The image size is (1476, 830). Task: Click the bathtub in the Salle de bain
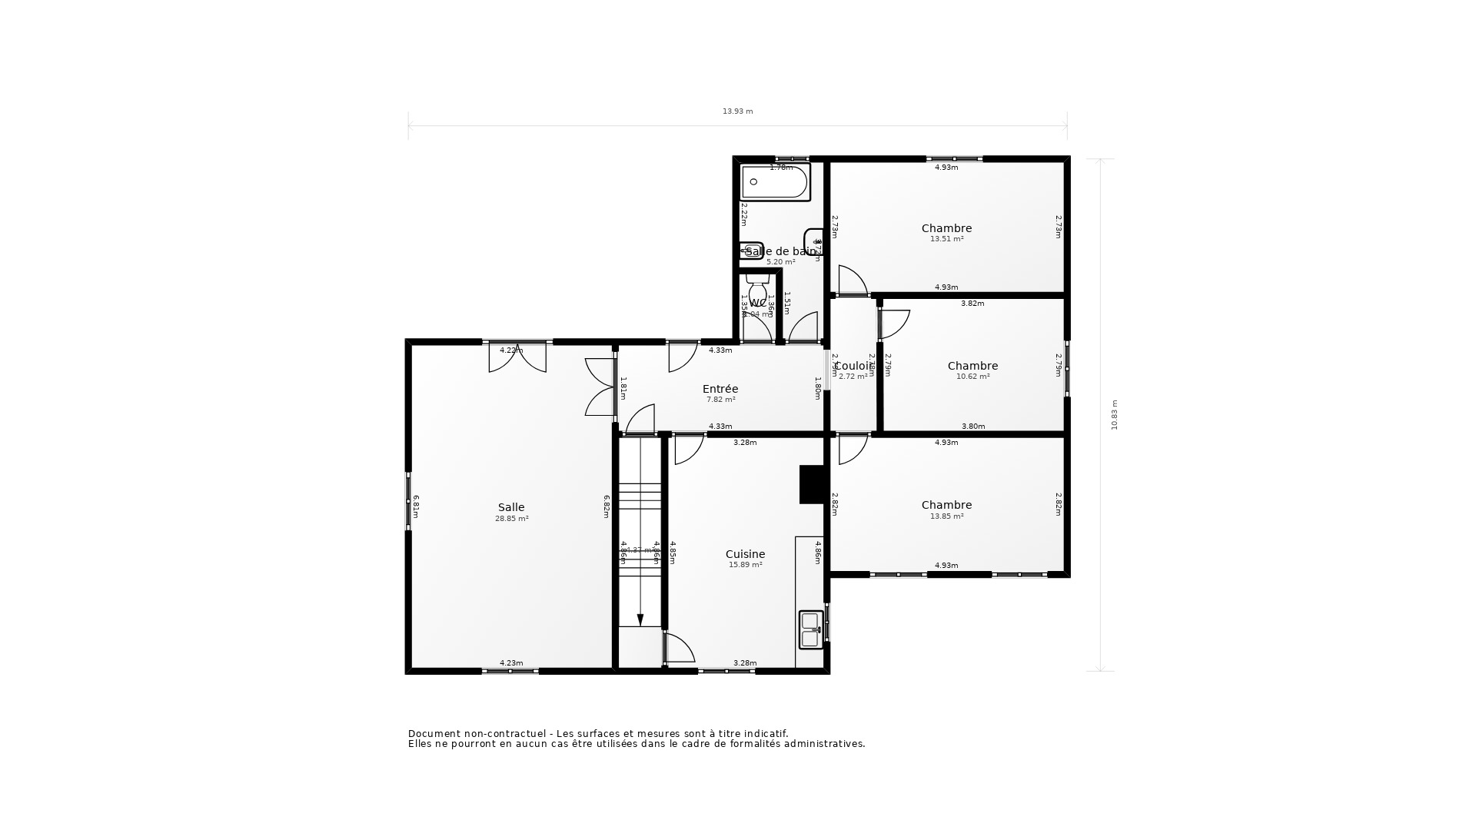click(775, 182)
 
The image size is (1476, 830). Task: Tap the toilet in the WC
click(757, 289)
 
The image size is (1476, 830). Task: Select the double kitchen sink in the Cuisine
click(810, 629)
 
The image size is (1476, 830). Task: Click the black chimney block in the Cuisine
click(812, 484)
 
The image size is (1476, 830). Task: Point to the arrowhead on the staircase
click(640, 620)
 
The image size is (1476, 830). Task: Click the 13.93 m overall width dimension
click(737, 111)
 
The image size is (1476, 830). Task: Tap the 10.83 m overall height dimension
click(1115, 415)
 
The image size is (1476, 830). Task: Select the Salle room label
click(511, 507)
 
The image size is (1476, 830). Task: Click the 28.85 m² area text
click(511, 519)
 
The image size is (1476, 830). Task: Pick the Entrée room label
click(720, 389)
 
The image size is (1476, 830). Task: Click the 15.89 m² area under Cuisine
click(745, 565)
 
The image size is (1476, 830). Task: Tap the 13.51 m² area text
click(946, 239)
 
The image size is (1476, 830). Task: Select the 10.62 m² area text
click(972, 377)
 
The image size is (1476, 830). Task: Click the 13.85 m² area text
click(946, 516)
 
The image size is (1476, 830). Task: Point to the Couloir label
click(853, 366)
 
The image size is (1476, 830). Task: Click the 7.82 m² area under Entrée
click(720, 400)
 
